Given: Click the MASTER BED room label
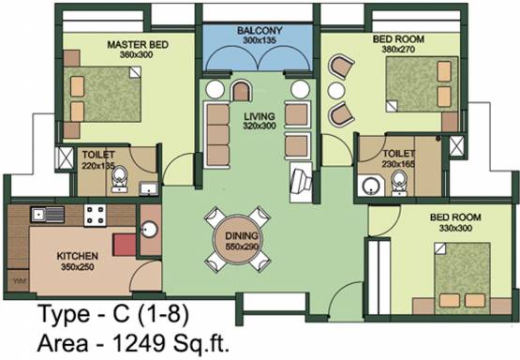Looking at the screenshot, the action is (x=138, y=44).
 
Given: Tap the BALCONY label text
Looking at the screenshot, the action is (x=260, y=31).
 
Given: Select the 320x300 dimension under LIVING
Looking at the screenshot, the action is (x=260, y=126).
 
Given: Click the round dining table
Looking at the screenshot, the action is (x=237, y=241).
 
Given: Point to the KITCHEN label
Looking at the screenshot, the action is (x=77, y=256).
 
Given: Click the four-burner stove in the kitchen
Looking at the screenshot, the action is (x=95, y=215).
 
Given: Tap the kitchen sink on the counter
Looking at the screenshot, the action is (x=48, y=214).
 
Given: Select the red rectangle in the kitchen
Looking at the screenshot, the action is (x=125, y=245).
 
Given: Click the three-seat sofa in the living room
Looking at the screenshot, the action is (x=217, y=135).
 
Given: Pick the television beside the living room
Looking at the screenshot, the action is (x=301, y=182).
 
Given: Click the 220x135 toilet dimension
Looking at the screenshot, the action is (x=98, y=165).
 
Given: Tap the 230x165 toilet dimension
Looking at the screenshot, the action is (x=398, y=164).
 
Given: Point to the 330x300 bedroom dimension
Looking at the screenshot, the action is (x=455, y=228).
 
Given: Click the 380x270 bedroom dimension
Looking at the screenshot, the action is (x=398, y=50).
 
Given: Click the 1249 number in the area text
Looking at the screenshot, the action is (x=139, y=343).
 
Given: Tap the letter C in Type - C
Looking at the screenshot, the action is (x=120, y=313).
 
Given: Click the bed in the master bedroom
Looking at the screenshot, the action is (x=102, y=95).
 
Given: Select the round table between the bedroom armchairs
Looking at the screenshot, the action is (x=336, y=90).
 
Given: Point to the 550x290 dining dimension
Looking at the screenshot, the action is (x=242, y=247).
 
